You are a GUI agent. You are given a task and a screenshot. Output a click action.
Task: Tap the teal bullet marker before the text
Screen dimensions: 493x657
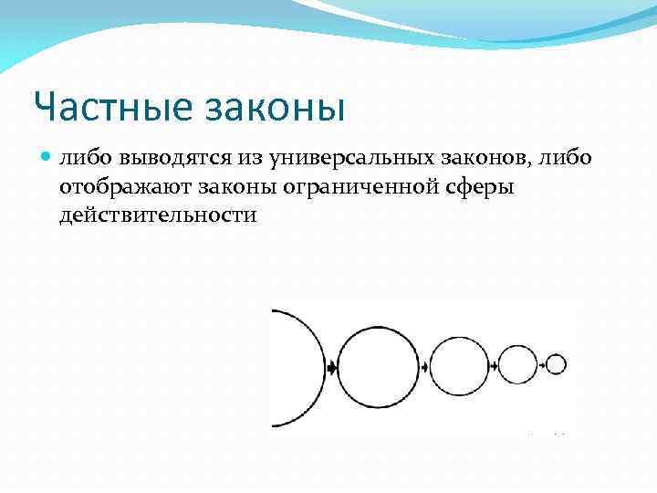pyautogui.click(x=47, y=158)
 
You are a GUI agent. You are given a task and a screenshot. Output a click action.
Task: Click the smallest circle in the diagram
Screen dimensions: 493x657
pyautogui.click(x=557, y=364)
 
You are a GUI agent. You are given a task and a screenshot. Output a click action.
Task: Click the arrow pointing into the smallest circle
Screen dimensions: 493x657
pyautogui.click(x=542, y=365)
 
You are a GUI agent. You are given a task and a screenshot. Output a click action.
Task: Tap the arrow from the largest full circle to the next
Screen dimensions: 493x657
pyautogui.click(x=424, y=366)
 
